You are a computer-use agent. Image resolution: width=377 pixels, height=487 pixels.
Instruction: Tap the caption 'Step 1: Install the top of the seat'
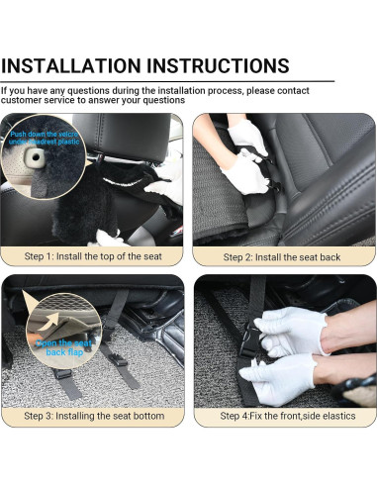(x=93, y=256)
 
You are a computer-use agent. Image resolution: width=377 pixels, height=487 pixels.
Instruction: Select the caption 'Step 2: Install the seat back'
(x=283, y=256)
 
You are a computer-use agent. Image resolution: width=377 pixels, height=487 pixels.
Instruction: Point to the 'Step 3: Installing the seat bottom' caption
(x=93, y=416)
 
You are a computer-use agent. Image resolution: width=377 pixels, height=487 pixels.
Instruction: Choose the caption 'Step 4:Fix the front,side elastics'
(x=283, y=416)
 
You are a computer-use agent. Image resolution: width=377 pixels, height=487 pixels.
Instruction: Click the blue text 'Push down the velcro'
(x=44, y=134)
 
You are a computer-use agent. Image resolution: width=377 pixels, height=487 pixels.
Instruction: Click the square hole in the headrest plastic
(x=38, y=156)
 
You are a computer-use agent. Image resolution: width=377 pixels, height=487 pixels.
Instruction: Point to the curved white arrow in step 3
(x=45, y=322)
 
